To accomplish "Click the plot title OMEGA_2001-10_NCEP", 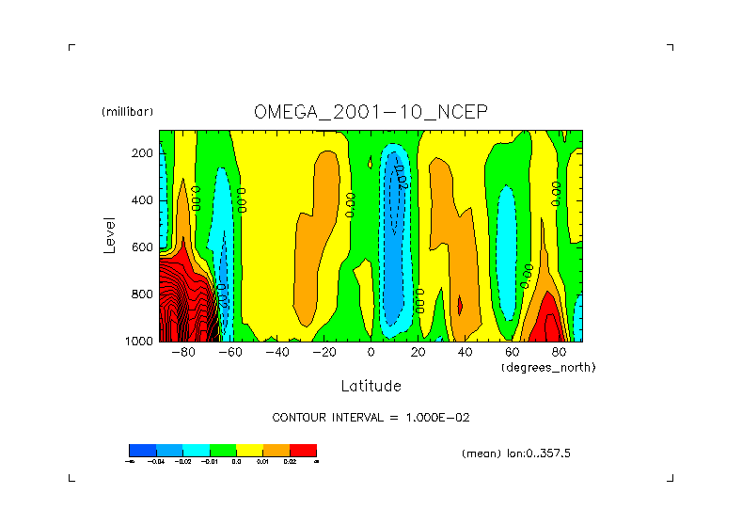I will point(371,112).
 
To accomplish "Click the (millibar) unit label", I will point(127,112).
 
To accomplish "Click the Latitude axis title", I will point(371,386).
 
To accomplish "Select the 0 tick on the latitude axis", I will point(371,353).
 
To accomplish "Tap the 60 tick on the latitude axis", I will point(512,353).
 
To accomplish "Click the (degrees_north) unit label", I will point(548,367).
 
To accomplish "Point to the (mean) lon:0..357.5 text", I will point(516,453).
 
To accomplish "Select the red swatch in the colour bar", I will point(303,450).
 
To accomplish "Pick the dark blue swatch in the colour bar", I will point(142,450).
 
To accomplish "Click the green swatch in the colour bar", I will point(223,450).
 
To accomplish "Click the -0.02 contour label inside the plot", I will point(400,176).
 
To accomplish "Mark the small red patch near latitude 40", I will point(460,305).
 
